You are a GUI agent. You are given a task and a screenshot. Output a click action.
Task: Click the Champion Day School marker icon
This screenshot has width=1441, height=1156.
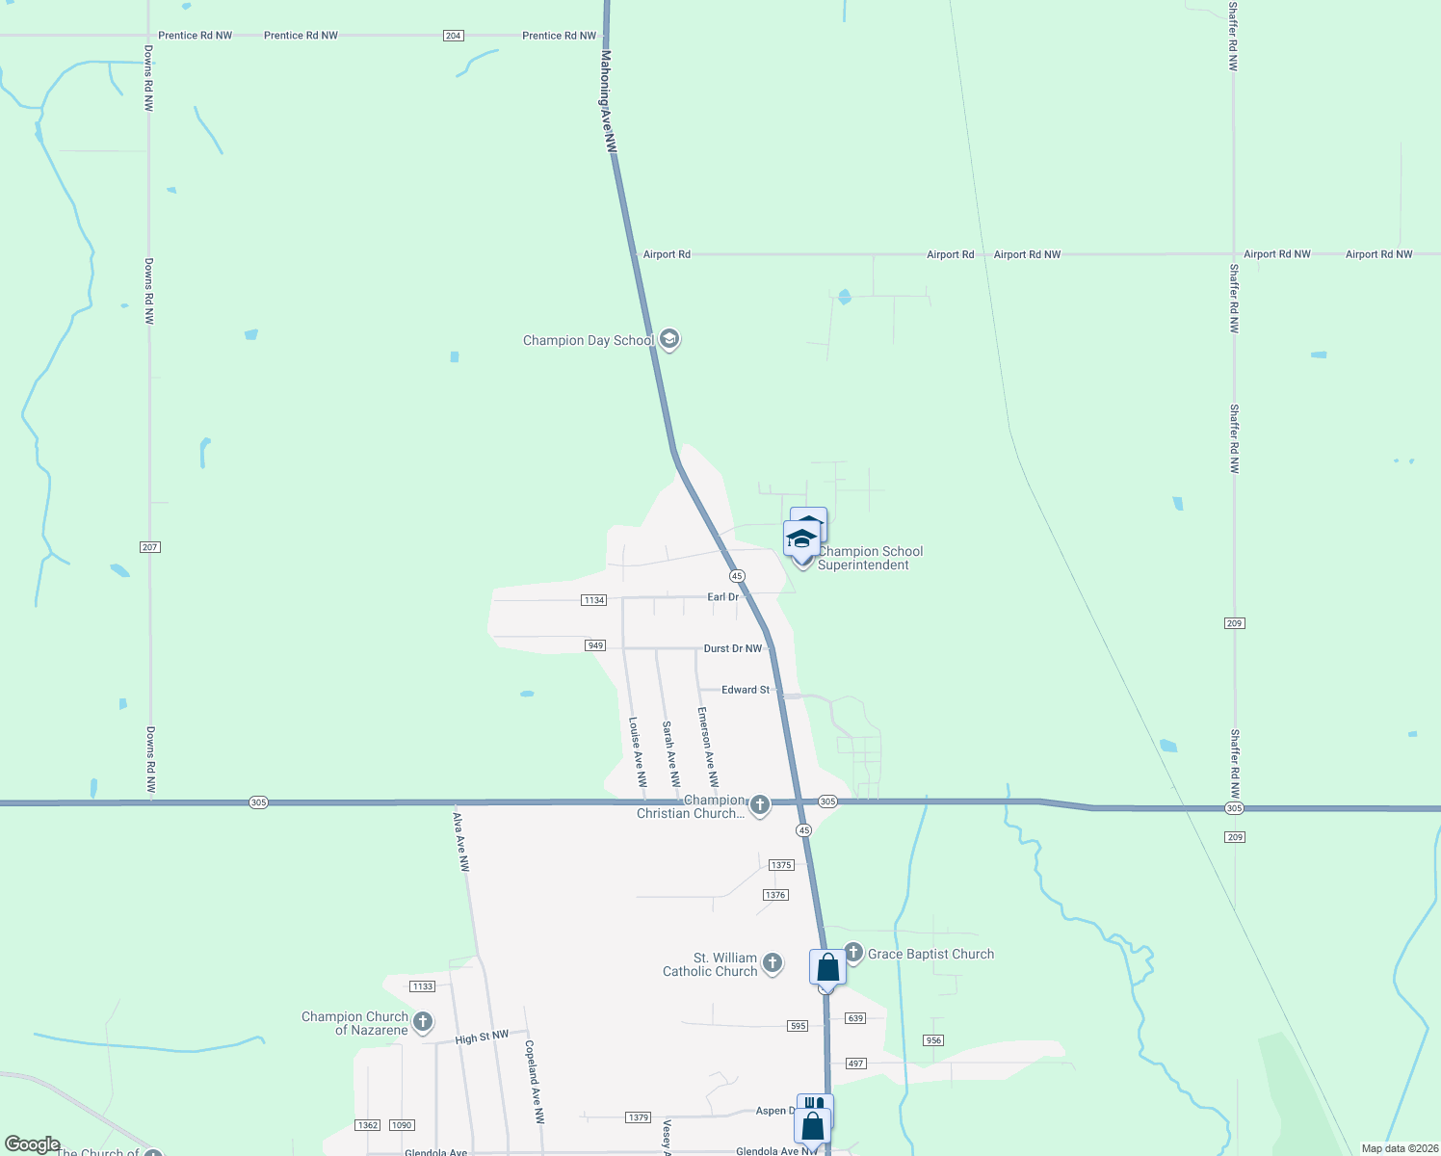(669, 339)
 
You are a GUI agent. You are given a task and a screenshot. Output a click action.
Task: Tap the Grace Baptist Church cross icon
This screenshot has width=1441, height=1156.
(852, 954)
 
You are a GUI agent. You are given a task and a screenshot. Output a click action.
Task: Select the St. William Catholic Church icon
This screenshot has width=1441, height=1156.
(773, 962)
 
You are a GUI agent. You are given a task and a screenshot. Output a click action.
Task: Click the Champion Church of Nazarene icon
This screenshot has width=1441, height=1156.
(422, 1021)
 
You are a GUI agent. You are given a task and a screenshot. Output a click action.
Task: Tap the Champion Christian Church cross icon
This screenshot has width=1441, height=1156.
(760, 804)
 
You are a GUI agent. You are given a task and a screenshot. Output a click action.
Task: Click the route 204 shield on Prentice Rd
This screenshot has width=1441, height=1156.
(454, 36)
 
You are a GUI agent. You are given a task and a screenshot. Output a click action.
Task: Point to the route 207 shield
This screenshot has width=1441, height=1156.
(149, 547)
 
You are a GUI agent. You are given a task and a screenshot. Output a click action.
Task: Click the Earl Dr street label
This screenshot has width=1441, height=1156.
(722, 597)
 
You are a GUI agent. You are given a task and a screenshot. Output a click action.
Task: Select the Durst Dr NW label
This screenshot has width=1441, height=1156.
(732, 648)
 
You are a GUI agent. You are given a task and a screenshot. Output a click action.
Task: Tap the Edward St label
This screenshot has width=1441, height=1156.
(746, 690)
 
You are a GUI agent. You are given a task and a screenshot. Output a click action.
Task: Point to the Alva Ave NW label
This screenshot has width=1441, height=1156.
(461, 842)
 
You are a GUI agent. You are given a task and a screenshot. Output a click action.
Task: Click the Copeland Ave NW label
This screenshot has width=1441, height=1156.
(535, 1082)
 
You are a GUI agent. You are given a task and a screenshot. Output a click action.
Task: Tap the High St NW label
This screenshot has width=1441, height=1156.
(482, 1037)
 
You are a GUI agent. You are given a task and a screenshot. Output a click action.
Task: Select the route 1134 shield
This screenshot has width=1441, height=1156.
(594, 600)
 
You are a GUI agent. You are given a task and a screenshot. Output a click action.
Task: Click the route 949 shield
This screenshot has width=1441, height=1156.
(595, 645)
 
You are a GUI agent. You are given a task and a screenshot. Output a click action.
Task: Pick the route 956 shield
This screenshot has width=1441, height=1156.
(932, 1040)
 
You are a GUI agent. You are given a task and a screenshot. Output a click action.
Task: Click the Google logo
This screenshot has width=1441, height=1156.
(33, 1144)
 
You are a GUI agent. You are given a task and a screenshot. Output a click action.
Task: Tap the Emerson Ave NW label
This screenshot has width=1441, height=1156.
(708, 747)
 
